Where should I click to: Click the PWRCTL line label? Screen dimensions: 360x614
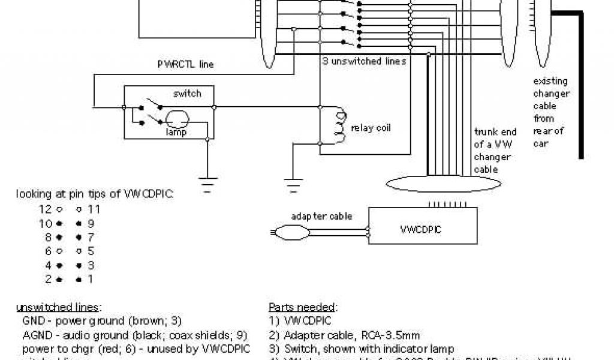pos(185,64)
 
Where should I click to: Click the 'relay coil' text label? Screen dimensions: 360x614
pos(371,128)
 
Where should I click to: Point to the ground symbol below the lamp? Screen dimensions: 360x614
pos(207,182)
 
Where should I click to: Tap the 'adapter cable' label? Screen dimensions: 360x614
pos(321,216)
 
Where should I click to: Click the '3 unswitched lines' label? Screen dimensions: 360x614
pos(364,61)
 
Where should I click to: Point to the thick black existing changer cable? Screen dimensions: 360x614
pos(580,84)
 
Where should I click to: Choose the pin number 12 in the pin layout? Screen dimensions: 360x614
pos(46,209)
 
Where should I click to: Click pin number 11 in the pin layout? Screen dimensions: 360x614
pos(93,209)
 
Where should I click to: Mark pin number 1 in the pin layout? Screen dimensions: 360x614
pos(91,279)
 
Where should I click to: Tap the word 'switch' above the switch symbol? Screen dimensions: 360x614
pos(187,94)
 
